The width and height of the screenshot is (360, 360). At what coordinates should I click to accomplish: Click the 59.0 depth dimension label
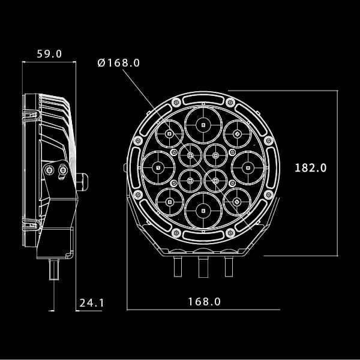coord(49,54)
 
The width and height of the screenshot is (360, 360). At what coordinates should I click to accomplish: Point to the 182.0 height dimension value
coord(310,168)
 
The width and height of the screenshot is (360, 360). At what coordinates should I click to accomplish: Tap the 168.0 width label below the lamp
coord(204,302)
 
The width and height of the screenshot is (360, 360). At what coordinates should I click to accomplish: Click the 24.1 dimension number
coord(91,303)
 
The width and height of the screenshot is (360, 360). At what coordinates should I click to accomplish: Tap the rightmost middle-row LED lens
coord(247,168)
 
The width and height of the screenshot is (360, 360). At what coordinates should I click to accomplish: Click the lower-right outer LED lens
coord(237,202)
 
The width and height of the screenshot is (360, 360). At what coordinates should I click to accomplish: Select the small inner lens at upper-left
coord(190,155)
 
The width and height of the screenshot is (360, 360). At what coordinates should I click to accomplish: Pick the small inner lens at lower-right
coord(215,180)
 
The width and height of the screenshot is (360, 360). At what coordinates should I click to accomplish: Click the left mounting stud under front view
coord(178,264)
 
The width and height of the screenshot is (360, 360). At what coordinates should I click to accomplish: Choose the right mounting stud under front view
coord(229,264)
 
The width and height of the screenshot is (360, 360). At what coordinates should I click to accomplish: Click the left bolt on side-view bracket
coord(49,171)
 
